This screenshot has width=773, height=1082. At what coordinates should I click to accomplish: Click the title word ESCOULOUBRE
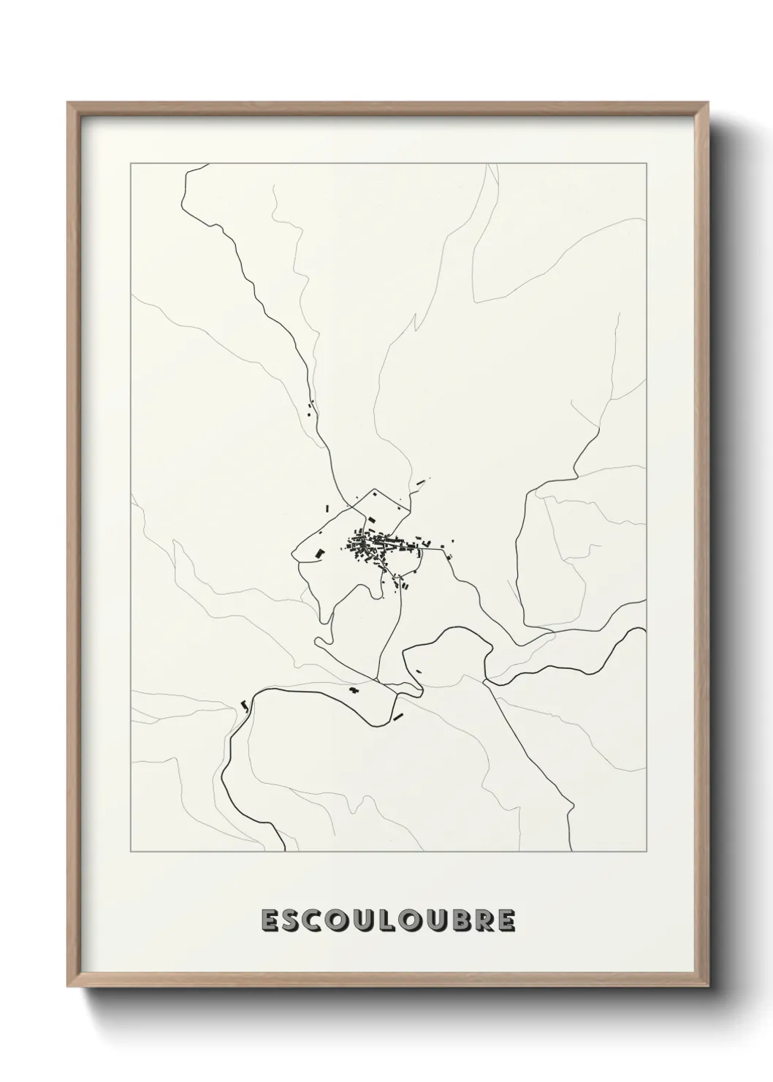click(x=387, y=920)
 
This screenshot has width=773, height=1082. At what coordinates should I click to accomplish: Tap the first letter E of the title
click(x=270, y=920)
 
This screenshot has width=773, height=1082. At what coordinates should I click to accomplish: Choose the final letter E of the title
click(x=505, y=920)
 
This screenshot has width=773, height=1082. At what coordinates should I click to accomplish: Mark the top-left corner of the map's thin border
click(x=131, y=164)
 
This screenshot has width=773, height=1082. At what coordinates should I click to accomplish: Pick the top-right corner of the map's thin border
click(x=646, y=164)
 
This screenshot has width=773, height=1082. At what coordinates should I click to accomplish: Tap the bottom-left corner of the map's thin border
click(x=131, y=852)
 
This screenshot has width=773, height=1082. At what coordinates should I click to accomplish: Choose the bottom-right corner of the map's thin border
click(x=646, y=852)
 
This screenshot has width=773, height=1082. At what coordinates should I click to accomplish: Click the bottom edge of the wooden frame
click(x=387, y=983)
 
